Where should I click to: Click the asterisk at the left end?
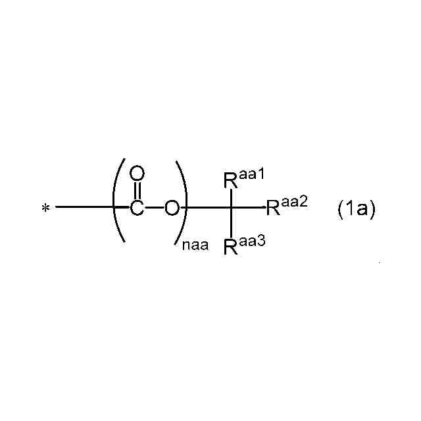(45, 209)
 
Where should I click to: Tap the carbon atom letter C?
(137, 209)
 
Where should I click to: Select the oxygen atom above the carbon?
(137, 174)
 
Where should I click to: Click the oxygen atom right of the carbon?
(171, 209)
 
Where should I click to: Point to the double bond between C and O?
(137, 191)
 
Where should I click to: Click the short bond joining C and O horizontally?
(154, 209)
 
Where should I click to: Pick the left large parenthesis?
(118, 203)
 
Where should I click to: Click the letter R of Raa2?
(273, 209)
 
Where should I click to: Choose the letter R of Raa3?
(231, 247)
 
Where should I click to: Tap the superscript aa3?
(251, 242)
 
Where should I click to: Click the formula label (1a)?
(356, 209)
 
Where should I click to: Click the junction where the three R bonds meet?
(232, 208)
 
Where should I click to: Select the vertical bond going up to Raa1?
(232, 198)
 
